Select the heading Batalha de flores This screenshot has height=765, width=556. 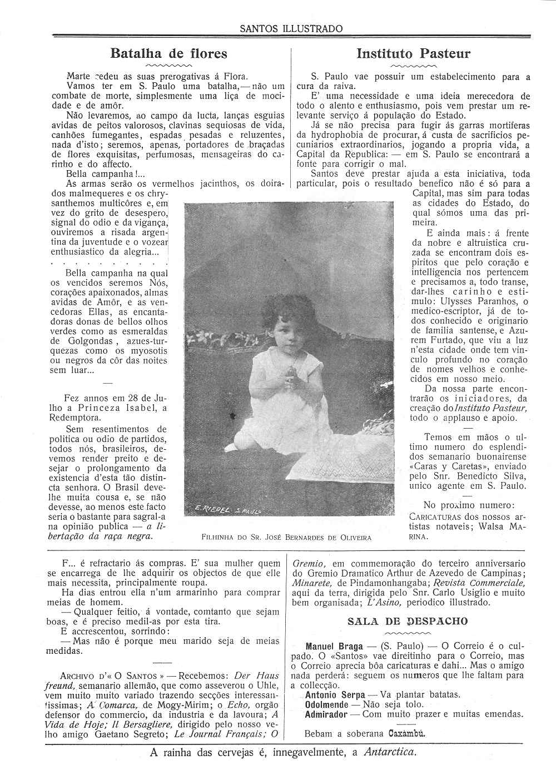(x=168, y=53)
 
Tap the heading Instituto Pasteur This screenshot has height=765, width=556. (x=413, y=53)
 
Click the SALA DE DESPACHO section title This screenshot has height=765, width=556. (x=408, y=621)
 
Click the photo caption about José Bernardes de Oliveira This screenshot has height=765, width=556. (x=286, y=538)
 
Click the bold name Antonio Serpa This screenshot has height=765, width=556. (x=335, y=695)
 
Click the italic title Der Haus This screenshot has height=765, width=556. (x=257, y=676)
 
